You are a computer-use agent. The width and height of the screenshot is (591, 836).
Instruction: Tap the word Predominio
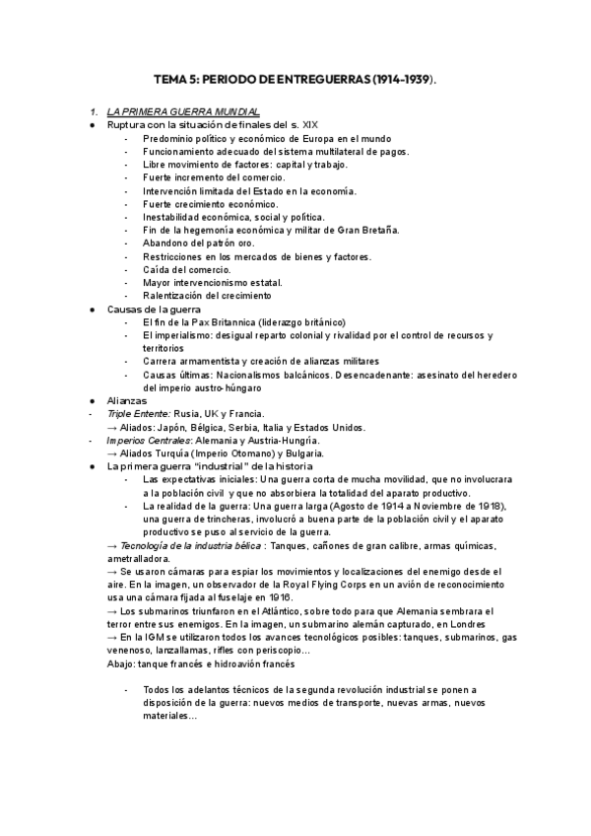(168, 139)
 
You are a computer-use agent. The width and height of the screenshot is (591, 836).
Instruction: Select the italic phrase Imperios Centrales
(148, 440)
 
